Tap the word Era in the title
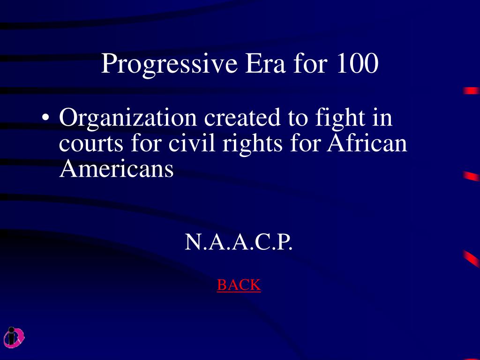click(x=265, y=64)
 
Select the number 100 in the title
click(x=357, y=63)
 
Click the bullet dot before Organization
click(x=45, y=117)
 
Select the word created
click(x=242, y=118)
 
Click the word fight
click(x=340, y=119)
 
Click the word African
click(x=367, y=142)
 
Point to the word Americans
click(x=116, y=168)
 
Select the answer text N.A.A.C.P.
click(x=239, y=242)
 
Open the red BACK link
click(x=239, y=285)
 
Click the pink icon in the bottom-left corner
click(x=14, y=337)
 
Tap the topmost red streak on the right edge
click(x=472, y=91)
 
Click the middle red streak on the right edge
click(x=472, y=176)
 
